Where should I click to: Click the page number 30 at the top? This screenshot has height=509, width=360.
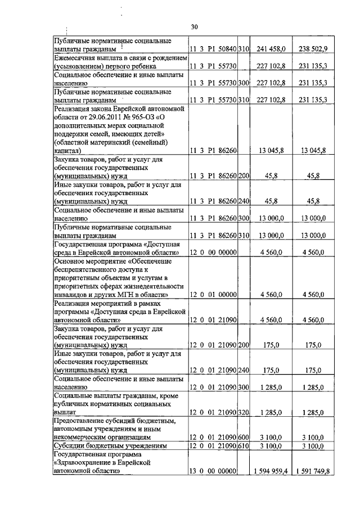pos(195,26)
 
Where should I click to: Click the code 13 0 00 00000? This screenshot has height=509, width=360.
pos(211,471)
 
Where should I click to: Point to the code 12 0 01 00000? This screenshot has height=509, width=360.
pos(211,294)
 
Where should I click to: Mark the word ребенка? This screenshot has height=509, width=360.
pos(145,66)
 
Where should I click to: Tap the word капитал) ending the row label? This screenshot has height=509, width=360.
pos(67,151)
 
